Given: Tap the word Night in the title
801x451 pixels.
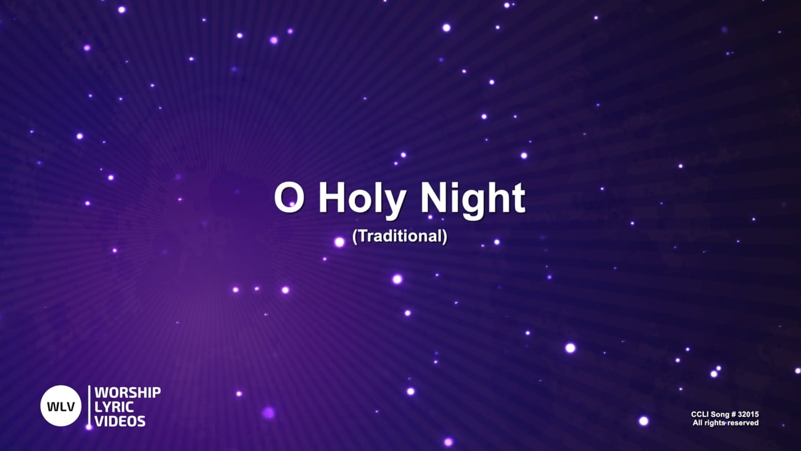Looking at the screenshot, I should tap(472, 199).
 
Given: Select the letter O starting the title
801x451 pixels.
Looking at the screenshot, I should tap(287, 199).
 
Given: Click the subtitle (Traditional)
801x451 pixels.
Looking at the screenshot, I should tap(400, 237).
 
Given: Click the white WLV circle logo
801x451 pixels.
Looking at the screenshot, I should tap(61, 406).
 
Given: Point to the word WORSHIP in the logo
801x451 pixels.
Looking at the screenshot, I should tap(128, 393).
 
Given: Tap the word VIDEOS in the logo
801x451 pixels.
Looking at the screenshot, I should tap(120, 421).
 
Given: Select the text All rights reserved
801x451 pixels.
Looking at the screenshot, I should tap(725, 423).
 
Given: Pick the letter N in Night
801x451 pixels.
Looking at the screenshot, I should tap(434, 199).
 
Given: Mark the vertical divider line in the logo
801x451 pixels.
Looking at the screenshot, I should tap(89, 406).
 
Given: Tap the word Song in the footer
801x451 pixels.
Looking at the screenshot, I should tap(720, 415).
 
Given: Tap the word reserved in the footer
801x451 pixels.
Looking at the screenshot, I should tap(742, 423).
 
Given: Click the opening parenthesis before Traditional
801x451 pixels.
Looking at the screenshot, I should tap(355, 237).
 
